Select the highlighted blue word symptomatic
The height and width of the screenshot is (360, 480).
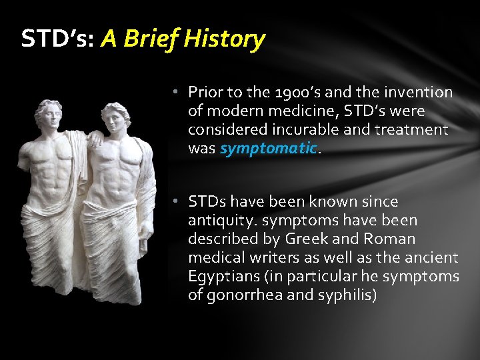pyautogui.click(x=267, y=149)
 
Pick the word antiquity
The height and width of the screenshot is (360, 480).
pyautogui.click(x=218, y=220)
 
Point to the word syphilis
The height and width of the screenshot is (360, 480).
pyautogui.click(x=345, y=295)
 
